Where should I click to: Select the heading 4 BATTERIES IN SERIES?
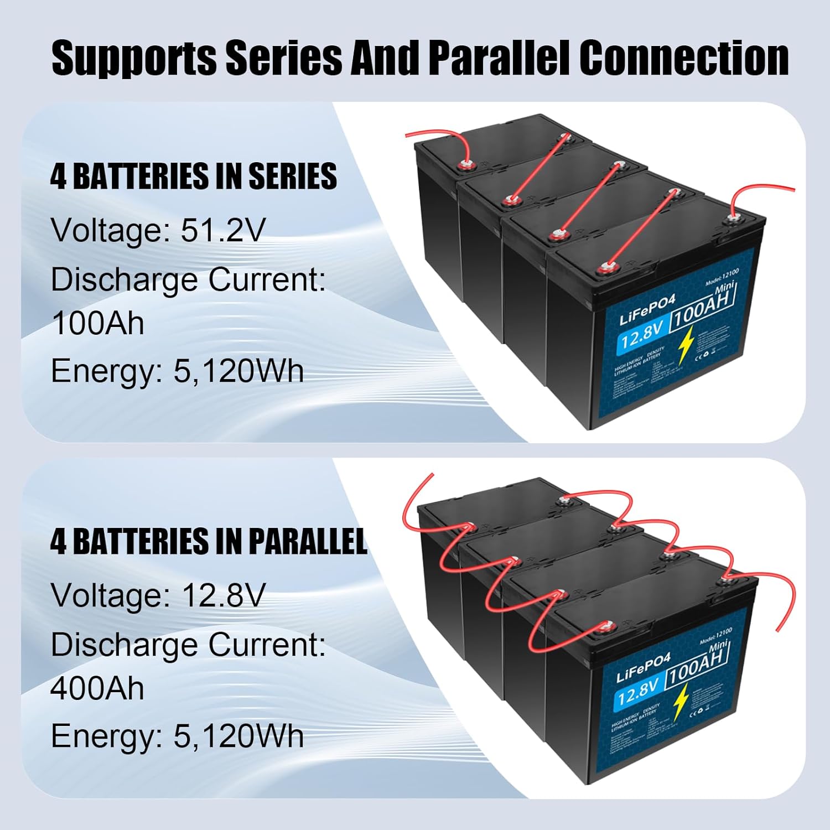(x=193, y=177)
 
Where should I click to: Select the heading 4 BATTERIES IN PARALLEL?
(x=209, y=541)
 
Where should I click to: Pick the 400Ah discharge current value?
(x=97, y=688)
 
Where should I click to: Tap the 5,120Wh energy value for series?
(x=238, y=371)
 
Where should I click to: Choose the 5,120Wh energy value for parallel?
(x=238, y=736)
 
